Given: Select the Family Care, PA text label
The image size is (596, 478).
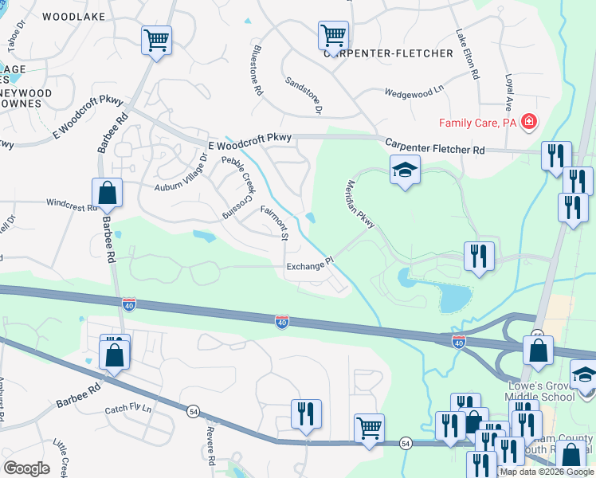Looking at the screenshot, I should click(x=478, y=123).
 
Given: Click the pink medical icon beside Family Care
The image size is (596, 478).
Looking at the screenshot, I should click(x=528, y=123).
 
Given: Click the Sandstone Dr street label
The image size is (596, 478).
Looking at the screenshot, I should click(x=304, y=95).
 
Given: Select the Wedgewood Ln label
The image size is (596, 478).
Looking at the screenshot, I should click(x=414, y=92).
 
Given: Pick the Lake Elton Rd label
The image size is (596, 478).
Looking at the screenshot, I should click(x=468, y=54).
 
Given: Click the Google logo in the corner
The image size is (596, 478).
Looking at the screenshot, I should click(x=26, y=468).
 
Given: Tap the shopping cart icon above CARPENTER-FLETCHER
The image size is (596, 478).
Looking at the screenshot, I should click(x=333, y=35).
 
